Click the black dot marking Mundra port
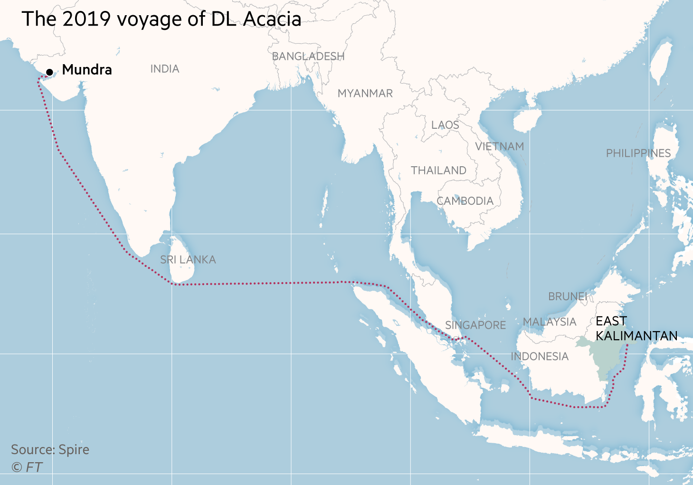coord(49,72)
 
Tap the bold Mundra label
coord(87,70)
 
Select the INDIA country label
coord(165,69)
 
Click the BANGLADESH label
coord(308,57)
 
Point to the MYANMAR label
coord(365,94)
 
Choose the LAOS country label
coord(445,125)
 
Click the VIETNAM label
coord(500,147)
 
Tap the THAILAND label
coord(438,171)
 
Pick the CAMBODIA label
coord(465,201)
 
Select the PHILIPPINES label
coord(638,153)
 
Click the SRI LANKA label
coord(188,260)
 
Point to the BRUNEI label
coord(568,296)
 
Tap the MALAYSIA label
coord(550,322)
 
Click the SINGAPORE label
coord(475,325)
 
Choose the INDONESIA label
coord(540,357)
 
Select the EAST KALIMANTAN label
coord(636,329)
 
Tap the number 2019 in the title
coord(87,19)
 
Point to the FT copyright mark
coord(28,467)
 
